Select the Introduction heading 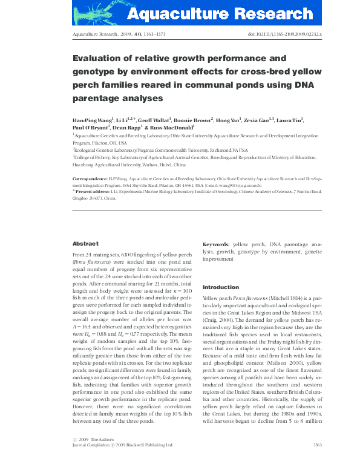(221, 287)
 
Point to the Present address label (91, 191)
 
